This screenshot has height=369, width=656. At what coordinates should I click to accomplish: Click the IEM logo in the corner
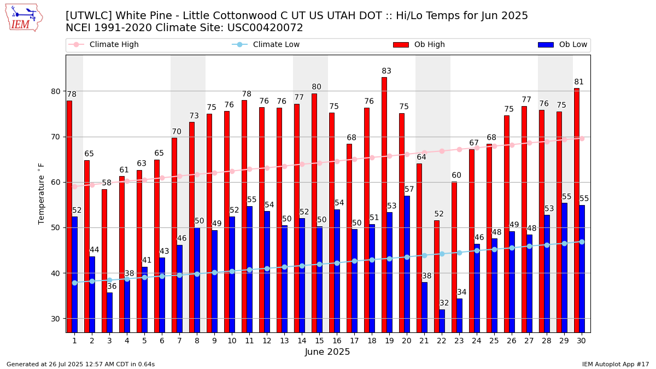click(24, 17)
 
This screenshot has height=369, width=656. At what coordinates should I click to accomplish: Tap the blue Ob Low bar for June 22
click(442, 321)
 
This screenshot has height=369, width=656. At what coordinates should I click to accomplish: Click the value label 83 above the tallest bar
click(386, 71)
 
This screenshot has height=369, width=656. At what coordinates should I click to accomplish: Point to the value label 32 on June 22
click(444, 303)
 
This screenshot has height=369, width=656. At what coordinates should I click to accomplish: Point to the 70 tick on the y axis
click(56, 137)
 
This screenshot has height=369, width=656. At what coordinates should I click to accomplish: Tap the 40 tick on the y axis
click(56, 273)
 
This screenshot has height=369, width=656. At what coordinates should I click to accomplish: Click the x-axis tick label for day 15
click(319, 341)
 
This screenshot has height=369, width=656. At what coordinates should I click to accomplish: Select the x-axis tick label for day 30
click(582, 341)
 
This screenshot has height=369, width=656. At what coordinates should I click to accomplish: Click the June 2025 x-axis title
click(327, 352)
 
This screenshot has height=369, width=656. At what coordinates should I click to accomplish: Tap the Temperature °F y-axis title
click(42, 194)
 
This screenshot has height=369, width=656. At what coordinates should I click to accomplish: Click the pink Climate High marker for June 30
click(582, 138)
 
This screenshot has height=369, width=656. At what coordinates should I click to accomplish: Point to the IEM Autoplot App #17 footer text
click(616, 364)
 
